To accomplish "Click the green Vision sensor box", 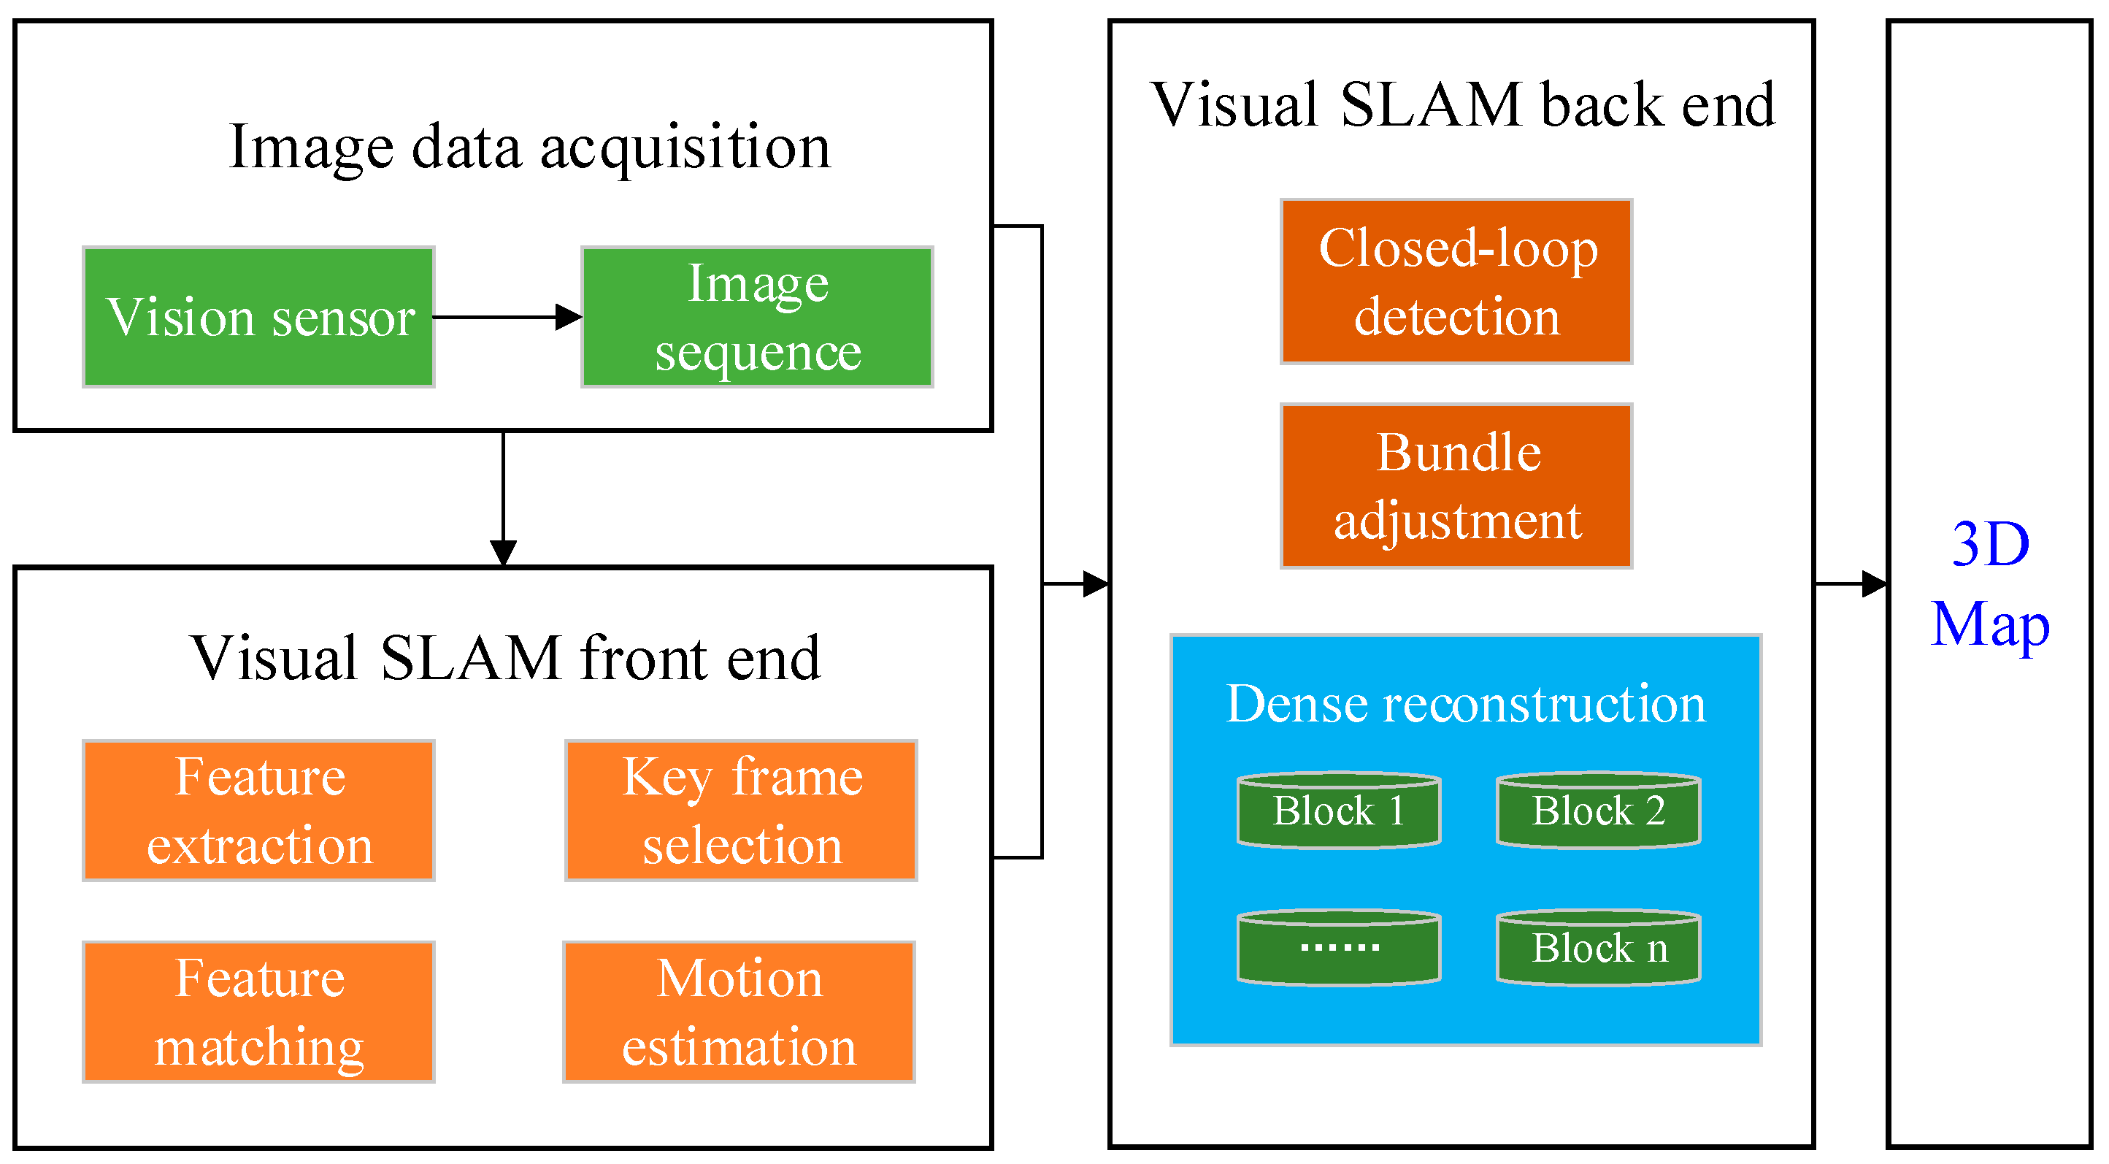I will pyautogui.click(x=258, y=317).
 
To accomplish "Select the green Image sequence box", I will pyautogui.click(x=757, y=317).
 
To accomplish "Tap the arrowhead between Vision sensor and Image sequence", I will pyautogui.click(x=568, y=317).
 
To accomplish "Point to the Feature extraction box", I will pyautogui.click(x=258, y=811).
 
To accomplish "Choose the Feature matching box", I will pyautogui.click(x=258, y=1012).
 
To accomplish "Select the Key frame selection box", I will pyautogui.click(x=741, y=811).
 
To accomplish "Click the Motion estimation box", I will pyautogui.click(x=740, y=1012).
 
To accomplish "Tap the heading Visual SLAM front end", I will pyautogui.click(x=504, y=659).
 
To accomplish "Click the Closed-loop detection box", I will pyautogui.click(x=1456, y=282).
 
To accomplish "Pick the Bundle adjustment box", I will pyautogui.click(x=1456, y=486).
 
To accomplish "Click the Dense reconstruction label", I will pyautogui.click(x=1465, y=705).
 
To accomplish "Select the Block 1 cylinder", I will pyautogui.click(x=1339, y=811).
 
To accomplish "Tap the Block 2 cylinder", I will pyautogui.click(x=1598, y=811).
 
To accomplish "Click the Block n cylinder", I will pyautogui.click(x=1598, y=949).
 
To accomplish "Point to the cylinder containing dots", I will pyautogui.click(x=1339, y=949).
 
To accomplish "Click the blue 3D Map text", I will pyautogui.click(x=1989, y=584).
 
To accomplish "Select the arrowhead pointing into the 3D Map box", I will pyautogui.click(x=1875, y=584).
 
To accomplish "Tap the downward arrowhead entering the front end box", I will pyautogui.click(x=503, y=553).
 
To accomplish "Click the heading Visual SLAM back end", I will pyautogui.click(x=1462, y=106).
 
